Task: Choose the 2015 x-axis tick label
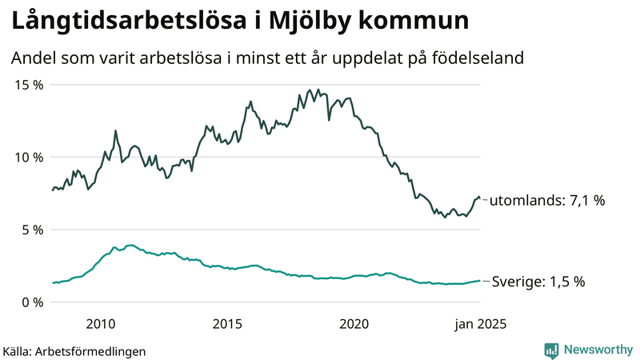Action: tap(227, 324)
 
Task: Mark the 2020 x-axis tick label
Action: tap(354, 324)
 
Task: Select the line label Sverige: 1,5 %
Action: tap(538, 282)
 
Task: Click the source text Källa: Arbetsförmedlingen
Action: tap(74, 350)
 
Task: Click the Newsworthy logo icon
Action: tap(551, 350)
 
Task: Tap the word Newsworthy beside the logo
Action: tap(597, 350)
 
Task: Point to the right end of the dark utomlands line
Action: tap(479, 198)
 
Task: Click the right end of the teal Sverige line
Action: tap(479, 281)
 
